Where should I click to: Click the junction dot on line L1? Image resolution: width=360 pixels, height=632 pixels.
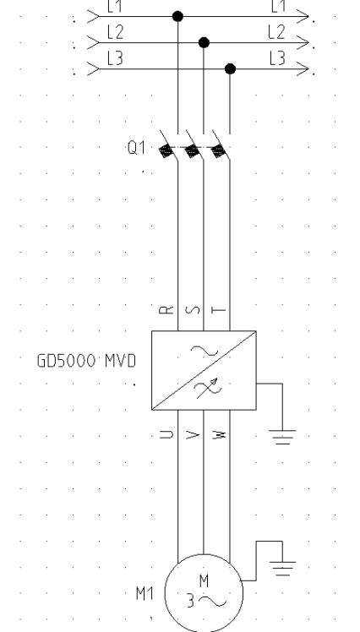pyautogui.click(x=177, y=16)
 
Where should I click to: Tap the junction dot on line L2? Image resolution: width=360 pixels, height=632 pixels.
pyautogui.click(x=204, y=42)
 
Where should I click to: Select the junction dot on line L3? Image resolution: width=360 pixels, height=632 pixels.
pyautogui.click(x=230, y=69)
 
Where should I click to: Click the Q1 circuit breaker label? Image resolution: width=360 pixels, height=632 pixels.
pyautogui.click(x=136, y=148)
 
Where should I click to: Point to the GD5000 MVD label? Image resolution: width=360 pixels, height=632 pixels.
pyautogui.click(x=86, y=361)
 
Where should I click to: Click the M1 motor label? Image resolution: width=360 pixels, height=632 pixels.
pyautogui.click(x=145, y=593)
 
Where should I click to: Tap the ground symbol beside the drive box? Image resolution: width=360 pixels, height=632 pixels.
pyautogui.click(x=282, y=437)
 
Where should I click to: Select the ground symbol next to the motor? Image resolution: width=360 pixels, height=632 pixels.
pyautogui.click(x=282, y=569)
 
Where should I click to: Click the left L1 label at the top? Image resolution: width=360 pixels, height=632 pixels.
pyautogui.click(x=115, y=6)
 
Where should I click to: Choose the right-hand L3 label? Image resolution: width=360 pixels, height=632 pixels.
pyautogui.click(x=277, y=59)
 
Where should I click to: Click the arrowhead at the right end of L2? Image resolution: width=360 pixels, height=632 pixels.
pyautogui.click(x=303, y=42)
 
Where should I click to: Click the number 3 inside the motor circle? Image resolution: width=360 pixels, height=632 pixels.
pyautogui.click(x=190, y=601)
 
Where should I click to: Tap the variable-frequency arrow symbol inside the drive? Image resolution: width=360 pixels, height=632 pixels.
pyautogui.click(x=207, y=389)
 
